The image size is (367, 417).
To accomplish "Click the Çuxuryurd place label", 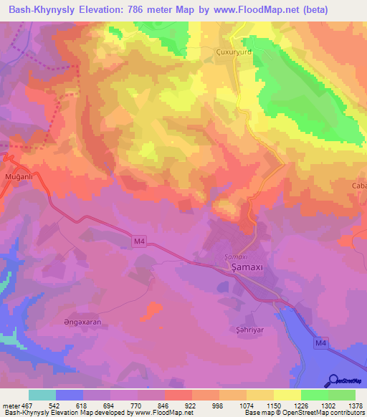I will tap(215, 52).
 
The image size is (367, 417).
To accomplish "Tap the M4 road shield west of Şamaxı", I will tap(140, 243).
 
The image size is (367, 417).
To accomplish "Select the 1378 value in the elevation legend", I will tap(355, 406).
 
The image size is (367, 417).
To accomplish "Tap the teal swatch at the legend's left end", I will tap(42, 395).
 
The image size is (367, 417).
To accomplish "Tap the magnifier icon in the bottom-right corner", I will tap(333, 380).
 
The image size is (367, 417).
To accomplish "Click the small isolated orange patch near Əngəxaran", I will tap(152, 311).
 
